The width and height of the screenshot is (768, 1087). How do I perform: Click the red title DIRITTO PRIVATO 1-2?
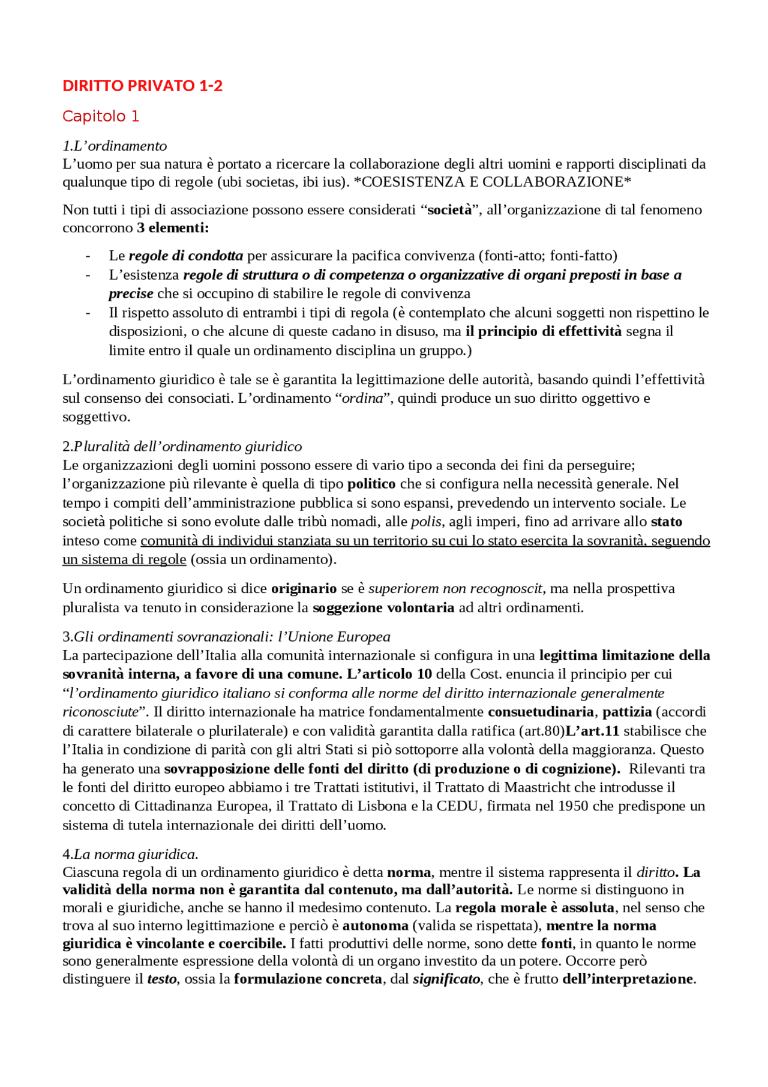pyautogui.click(x=142, y=86)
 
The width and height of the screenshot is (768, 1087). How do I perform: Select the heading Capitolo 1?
pyautogui.click(x=101, y=116)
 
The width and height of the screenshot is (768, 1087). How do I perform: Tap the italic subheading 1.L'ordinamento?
pyautogui.click(x=115, y=146)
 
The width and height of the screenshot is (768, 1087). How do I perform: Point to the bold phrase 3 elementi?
pyautogui.click(x=173, y=228)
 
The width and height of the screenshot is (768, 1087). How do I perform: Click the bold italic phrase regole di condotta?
pyautogui.click(x=186, y=256)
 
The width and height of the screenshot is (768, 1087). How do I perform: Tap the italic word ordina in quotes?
pyautogui.click(x=362, y=399)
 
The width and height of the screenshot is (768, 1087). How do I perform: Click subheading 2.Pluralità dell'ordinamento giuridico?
pyautogui.click(x=182, y=447)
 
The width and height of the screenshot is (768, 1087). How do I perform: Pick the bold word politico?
pyautogui.click(x=371, y=484)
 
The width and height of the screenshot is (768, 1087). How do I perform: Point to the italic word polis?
pyautogui.click(x=426, y=522)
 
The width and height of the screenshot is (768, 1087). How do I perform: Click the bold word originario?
pyautogui.click(x=304, y=589)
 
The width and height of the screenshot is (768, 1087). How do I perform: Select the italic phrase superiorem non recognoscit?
pyautogui.click(x=455, y=589)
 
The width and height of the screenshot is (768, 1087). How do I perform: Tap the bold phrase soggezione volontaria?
pyautogui.click(x=383, y=608)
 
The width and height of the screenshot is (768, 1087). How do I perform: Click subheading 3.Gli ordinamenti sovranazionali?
pyautogui.click(x=226, y=637)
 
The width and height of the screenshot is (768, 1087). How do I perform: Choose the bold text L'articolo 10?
pyautogui.click(x=389, y=674)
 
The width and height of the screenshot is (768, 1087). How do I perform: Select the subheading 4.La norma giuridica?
pyautogui.click(x=130, y=854)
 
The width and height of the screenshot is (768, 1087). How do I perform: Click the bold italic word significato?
pyautogui.click(x=446, y=979)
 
